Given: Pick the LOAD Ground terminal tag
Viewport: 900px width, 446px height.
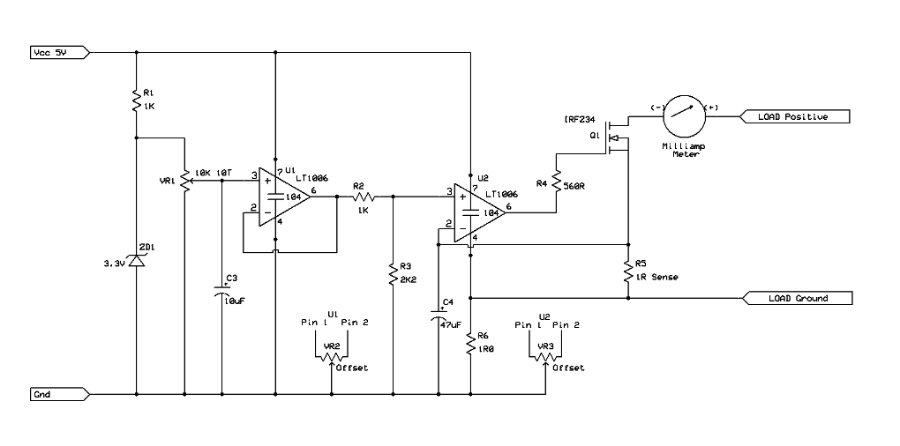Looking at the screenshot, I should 799,298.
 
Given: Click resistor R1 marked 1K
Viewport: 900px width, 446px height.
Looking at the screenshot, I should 137,99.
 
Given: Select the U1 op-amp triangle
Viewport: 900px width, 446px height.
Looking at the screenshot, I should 286,197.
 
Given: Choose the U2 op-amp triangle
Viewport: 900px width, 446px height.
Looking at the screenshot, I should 481,212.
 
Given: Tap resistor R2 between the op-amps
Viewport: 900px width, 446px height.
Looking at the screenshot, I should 364,197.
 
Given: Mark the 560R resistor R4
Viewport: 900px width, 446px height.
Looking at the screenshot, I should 558,182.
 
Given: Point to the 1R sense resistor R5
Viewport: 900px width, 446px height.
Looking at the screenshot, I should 627,270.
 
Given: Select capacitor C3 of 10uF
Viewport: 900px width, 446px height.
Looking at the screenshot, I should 221,291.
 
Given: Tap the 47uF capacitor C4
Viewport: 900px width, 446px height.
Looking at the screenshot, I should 438,316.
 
